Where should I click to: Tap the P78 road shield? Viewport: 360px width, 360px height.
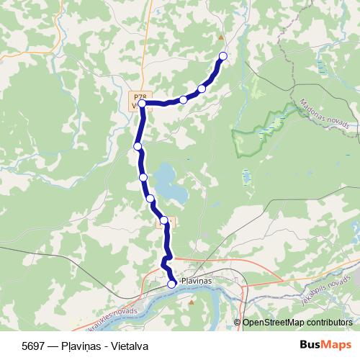click(140, 95)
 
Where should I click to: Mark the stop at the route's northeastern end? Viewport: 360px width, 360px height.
click(222, 56)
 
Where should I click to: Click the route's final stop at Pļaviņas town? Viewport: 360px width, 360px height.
click(171, 284)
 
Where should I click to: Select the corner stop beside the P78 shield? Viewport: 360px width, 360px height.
click(143, 104)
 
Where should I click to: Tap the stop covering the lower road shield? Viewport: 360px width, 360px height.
click(163, 220)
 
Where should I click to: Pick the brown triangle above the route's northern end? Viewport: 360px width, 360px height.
click(221, 37)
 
